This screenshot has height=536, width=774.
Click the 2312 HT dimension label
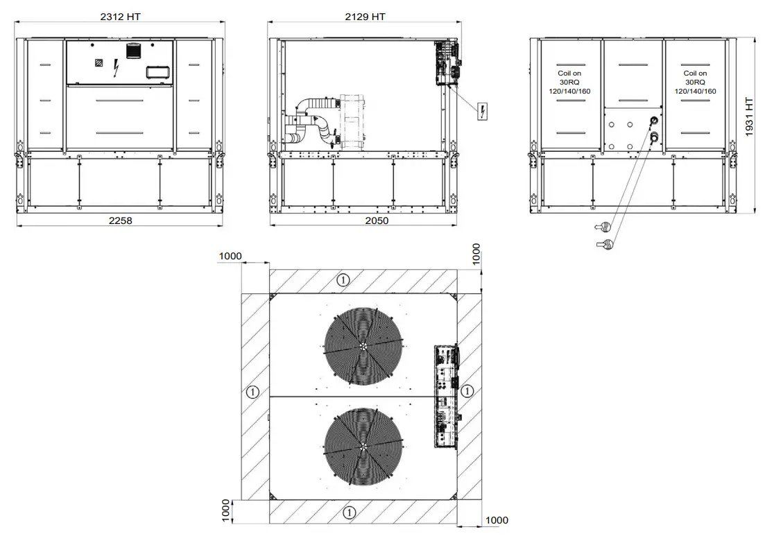coord(121,16)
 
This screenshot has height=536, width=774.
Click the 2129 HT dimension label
coord(365,16)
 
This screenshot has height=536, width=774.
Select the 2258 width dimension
coord(120,221)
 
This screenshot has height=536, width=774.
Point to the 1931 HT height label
coord(749,116)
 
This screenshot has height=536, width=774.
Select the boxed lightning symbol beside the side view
coord(482,112)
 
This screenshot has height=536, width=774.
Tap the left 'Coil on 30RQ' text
coord(569,82)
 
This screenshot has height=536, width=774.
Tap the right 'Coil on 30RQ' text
coord(695,82)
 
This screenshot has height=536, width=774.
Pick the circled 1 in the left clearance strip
coord(252,392)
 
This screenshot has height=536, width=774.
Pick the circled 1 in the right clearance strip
coord(468,391)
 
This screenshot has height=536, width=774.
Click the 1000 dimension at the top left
coord(230,256)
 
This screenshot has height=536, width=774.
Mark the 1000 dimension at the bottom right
coord(497,520)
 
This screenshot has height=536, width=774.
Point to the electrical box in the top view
coord(446,395)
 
